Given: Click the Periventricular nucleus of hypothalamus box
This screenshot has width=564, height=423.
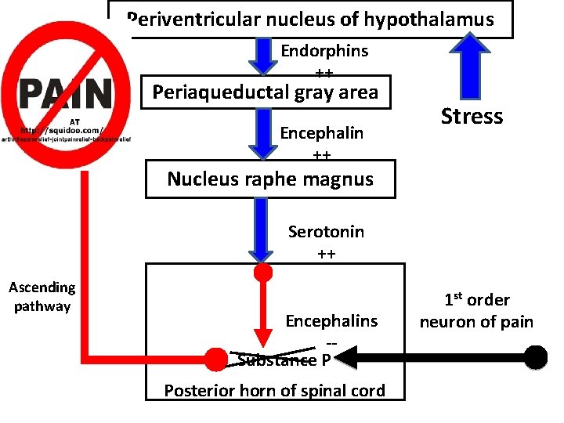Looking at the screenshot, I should [311, 20].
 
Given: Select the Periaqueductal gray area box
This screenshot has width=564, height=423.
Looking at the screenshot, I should [266, 92].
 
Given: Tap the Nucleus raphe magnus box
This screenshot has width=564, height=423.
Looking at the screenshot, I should [270, 179].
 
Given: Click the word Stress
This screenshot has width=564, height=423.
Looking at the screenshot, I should [472, 117].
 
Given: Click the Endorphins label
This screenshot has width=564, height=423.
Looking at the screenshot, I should [324, 51].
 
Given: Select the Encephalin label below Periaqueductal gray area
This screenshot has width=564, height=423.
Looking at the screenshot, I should [322, 132].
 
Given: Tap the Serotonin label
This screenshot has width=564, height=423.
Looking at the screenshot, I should [326, 232].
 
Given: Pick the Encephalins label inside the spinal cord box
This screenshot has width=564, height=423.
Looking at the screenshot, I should [331, 321].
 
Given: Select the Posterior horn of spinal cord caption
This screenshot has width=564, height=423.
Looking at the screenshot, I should [274, 391].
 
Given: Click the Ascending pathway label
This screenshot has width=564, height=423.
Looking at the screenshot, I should [42, 297].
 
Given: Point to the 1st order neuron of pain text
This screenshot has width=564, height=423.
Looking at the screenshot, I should [476, 311].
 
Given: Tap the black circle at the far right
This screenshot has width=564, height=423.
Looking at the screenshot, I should [536, 358].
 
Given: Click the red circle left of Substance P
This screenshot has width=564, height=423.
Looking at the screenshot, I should [215, 359].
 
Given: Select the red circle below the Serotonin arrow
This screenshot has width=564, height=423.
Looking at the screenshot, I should [264, 273].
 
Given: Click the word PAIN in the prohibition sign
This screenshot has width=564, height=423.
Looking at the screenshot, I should [65, 95].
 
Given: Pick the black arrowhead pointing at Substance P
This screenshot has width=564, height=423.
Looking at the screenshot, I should [345, 359].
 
